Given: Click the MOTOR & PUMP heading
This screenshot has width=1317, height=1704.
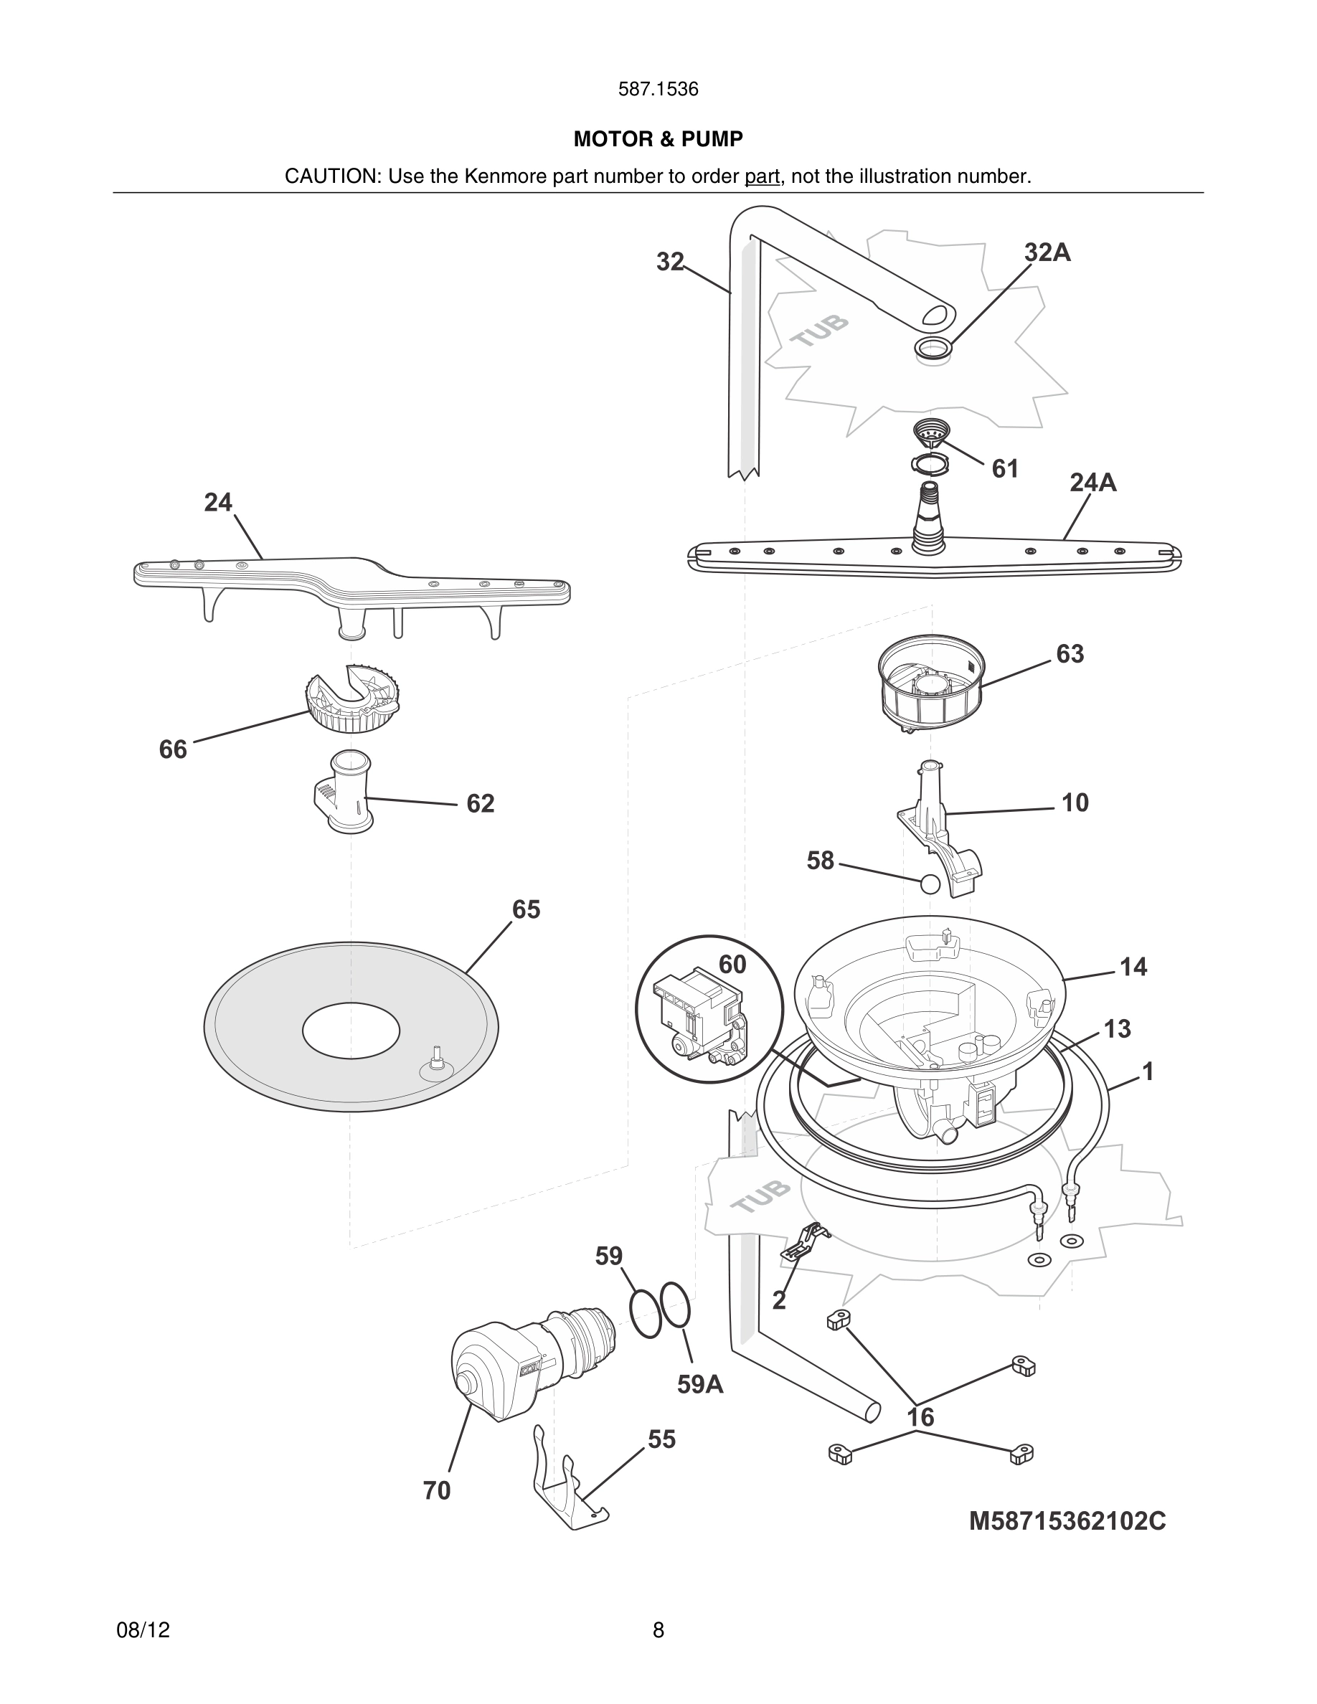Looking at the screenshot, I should [658, 139].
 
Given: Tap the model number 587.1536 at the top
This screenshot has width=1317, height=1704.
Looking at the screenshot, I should [658, 89].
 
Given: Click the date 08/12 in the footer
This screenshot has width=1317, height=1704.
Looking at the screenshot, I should [143, 1630].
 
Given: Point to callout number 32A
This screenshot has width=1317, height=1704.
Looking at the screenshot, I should [1047, 252].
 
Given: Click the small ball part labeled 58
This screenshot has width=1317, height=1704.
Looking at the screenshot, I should [930, 884].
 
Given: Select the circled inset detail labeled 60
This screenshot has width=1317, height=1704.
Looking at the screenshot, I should [709, 1009].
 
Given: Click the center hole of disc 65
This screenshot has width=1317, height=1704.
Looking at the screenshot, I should [351, 1031].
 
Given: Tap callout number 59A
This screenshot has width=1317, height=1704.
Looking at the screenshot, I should [700, 1384].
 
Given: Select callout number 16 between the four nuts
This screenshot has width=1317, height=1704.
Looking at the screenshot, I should [920, 1417].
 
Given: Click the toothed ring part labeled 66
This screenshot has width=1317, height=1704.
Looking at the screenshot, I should [353, 699].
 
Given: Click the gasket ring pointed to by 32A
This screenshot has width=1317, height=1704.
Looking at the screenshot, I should [933, 349].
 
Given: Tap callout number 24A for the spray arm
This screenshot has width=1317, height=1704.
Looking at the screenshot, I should [1092, 483].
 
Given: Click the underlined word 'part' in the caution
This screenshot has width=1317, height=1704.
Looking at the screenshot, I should [762, 176].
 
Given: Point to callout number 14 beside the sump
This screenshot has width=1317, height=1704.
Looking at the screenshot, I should [1133, 967].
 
